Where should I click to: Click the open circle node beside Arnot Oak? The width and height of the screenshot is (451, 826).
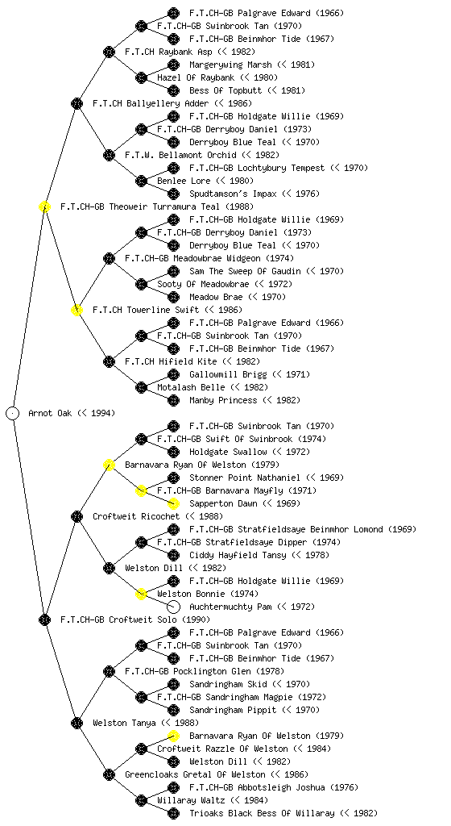13,414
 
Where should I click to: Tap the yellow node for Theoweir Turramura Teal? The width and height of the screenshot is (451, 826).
44,207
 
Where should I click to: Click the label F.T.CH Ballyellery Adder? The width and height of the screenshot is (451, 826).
151,104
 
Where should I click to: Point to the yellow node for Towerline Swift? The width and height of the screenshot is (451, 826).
77,311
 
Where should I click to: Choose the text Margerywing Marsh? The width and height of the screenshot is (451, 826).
230,65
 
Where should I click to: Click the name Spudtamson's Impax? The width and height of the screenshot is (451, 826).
233,194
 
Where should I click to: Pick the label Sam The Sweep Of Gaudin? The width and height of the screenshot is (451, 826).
245,271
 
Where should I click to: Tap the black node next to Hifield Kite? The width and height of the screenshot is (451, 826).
109,362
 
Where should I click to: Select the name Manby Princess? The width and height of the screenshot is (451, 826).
223,400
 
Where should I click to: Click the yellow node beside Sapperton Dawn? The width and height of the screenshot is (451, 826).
173,503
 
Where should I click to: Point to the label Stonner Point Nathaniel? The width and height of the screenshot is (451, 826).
245,478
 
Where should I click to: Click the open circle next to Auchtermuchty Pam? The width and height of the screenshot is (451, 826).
173,607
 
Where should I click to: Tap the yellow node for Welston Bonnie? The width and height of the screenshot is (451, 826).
141,594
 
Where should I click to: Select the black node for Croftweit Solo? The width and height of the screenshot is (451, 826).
44,620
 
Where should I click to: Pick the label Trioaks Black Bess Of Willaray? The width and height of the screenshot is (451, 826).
262,813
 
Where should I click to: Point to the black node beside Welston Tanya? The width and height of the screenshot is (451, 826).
77,724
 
